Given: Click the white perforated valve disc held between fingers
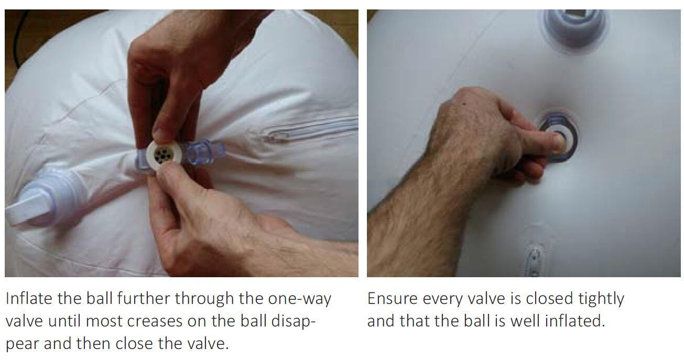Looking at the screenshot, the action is pyautogui.click(x=164, y=155).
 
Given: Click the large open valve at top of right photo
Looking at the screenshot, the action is pyautogui.click(x=574, y=26).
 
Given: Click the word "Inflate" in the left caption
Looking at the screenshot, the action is pyautogui.click(x=29, y=298).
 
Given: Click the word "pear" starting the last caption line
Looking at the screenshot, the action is pyautogui.click(x=23, y=344).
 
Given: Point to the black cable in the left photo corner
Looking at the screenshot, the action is pyautogui.click(x=21, y=37).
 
